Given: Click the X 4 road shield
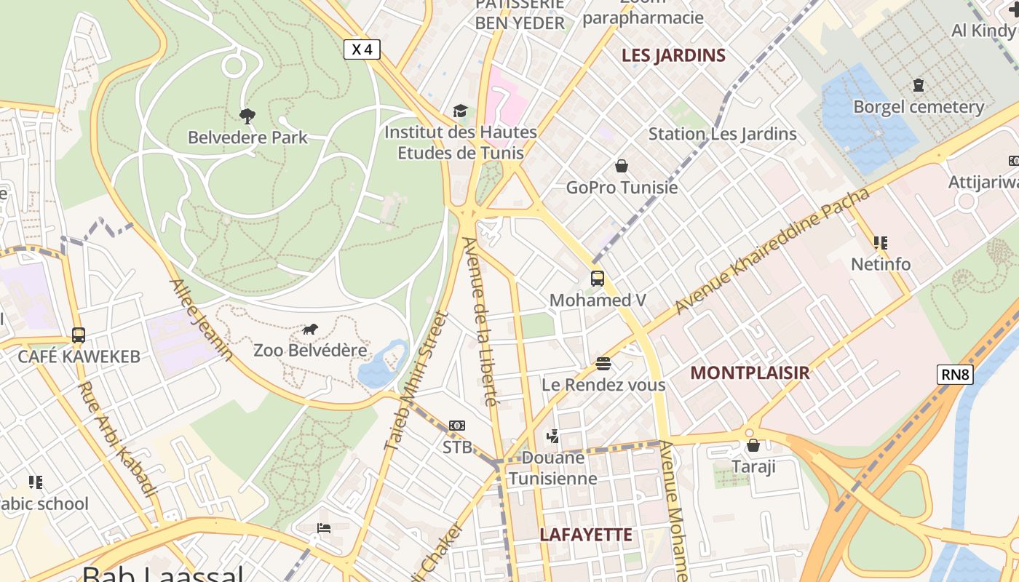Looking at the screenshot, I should click(x=362, y=49).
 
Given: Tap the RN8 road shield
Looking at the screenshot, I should click(x=955, y=375).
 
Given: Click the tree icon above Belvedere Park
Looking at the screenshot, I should click(x=247, y=116).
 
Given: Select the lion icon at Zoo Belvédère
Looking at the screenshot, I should click(x=310, y=330).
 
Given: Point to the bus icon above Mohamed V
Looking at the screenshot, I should click(x=597, y=278).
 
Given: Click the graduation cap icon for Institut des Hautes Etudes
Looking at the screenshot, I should click(x=460, y=111).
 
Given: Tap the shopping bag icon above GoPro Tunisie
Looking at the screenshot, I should click(x=621, y=166).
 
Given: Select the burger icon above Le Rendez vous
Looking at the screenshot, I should click(x=603, y=363).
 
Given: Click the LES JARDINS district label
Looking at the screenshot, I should click(x=673, y=55).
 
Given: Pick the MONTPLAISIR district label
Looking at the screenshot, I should click(x=749, y=373).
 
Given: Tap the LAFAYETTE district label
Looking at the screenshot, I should click(x=586, y=535).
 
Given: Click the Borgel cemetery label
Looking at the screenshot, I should click(x=919, y=107).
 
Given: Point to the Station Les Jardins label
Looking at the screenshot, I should click(x=722, y=134).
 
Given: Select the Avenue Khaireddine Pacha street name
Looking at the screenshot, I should click(x=772, y=251).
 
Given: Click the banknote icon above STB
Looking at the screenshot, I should click(x=457, y=425).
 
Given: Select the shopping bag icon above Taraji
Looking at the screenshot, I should click(x=753, y=445).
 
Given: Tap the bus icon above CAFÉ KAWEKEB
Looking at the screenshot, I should click(x=79, y=335).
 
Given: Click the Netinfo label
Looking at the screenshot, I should click(x=881, y=264).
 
